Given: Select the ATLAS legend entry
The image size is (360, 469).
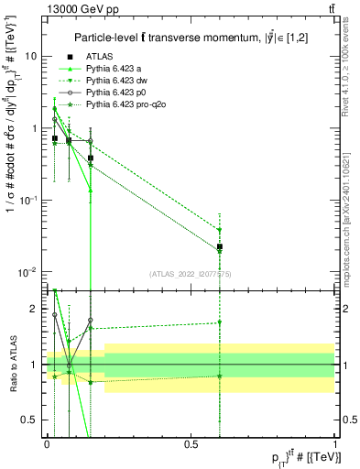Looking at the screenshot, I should click(x=105, y=56).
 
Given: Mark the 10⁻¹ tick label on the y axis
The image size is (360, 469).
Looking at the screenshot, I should click(x=28, y=200).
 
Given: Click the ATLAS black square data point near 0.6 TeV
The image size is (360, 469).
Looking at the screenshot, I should click(x=220, y=246).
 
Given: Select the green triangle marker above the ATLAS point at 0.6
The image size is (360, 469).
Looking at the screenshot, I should click(x=220, y=230).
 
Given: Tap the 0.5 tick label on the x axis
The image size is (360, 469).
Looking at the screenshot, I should click(x=191, y=443).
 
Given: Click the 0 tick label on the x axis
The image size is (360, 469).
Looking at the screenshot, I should click(x=47, y=443).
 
